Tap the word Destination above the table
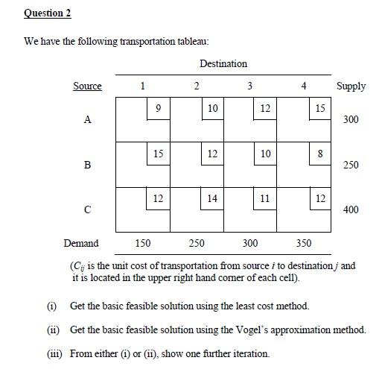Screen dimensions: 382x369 click(x=223, y=63)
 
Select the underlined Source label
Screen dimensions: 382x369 click(x=87, y=86)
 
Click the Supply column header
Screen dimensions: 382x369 click(x=351, y=86)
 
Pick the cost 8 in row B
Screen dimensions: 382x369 click(x=319, y=154)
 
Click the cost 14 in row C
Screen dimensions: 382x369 click(x=212, y=199)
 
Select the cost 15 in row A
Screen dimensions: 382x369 click(x=319, y=109)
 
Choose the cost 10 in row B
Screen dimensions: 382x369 click(x=265, y=154)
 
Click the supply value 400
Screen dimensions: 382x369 click(x=350, y=209)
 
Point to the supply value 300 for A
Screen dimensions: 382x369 click(x=350, y=119)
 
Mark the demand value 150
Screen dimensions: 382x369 click(x=142, y=243)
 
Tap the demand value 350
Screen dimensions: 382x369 click(x=304, y=243)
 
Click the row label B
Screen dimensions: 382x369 click(x=87, y=165)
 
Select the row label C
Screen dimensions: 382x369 click(x=87, y=209)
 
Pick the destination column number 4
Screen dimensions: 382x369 click(x=304, y=86)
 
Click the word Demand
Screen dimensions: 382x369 click(x=80, y=243)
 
